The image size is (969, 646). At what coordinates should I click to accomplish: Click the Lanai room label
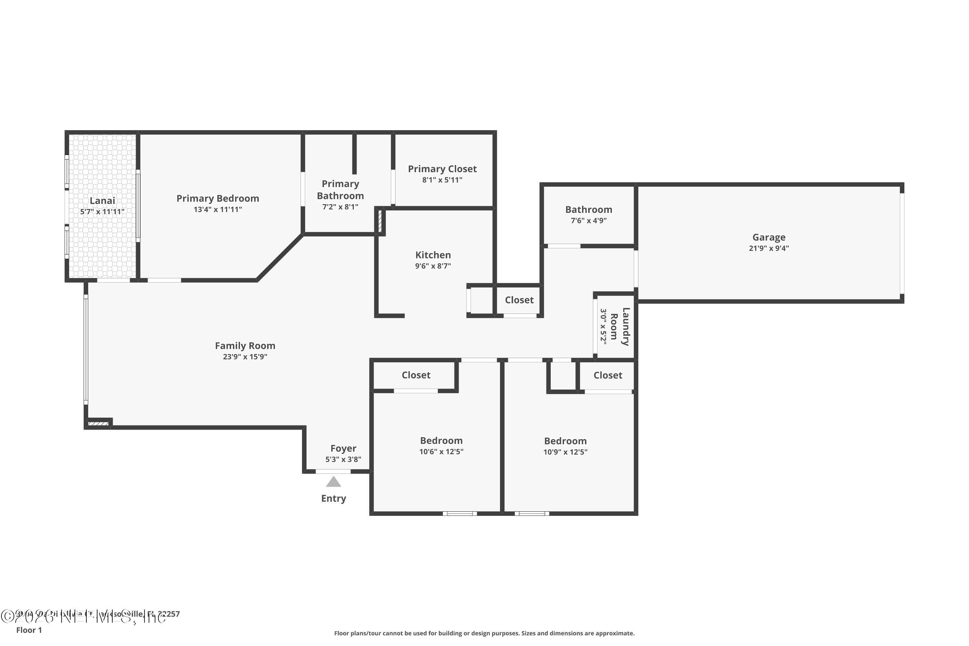click(x=102, y=201)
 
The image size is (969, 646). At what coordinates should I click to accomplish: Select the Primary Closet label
click(x=442, y=169)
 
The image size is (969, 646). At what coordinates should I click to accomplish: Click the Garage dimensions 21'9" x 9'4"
click(x=768, y=248)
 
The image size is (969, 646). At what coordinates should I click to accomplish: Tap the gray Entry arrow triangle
click(x=333, y=482)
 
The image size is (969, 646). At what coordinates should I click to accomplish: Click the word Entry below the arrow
click(x=333, y=498)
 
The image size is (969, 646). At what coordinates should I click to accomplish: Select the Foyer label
click(x=343, y=448)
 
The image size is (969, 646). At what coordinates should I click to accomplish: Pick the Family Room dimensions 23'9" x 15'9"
click(x=245, y=357)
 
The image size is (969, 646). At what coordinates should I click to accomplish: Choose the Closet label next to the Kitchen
click(x=519, y=300)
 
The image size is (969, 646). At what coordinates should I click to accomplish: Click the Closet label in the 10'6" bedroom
click(x=416, y=375)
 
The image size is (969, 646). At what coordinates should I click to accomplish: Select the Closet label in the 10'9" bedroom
click(x=607, y=375)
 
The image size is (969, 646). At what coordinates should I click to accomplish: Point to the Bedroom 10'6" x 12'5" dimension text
click(x=441, y=452)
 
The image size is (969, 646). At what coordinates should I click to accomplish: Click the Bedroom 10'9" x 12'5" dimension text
click(x=565, y=452)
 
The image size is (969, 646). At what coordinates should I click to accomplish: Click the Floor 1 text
click(x=29, y=630)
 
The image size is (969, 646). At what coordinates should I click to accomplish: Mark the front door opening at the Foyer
click(x=333, y=471)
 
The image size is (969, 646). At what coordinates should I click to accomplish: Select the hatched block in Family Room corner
click(x=98, y=423)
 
